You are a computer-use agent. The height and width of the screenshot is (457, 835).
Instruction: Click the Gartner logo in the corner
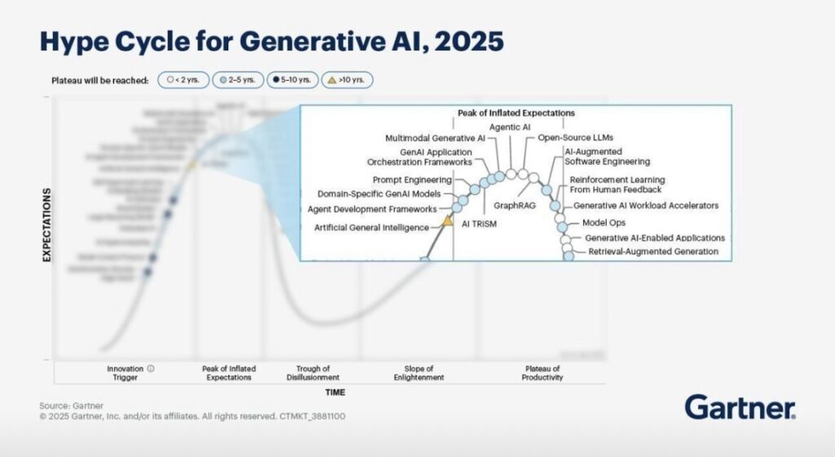tap(740, 406)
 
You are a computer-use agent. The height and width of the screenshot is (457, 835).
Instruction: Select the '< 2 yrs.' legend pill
tap(184, 80)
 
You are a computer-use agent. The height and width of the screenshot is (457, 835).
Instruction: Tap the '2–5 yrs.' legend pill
tap(238, 80)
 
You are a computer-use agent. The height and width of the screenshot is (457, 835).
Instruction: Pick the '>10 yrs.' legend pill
tap(347, 80)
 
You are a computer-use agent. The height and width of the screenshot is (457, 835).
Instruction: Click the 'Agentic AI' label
tap(510, 128)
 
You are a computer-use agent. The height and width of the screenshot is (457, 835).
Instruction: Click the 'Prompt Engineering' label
tap(412, 179)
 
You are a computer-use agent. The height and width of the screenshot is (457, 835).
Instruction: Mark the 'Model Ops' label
tap(603, 222)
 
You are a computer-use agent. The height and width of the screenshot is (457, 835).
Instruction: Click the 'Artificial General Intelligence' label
tap(371, 227)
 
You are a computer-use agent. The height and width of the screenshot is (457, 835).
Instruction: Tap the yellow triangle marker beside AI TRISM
tap(447, 220)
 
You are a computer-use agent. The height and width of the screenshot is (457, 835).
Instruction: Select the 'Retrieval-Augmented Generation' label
tap(653, 252)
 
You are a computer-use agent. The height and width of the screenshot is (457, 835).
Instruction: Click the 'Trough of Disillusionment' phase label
tap(313, 373)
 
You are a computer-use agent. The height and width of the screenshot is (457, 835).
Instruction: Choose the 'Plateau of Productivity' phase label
tap(543, 373)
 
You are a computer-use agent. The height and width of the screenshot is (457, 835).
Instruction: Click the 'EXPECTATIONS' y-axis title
tap(47, 225)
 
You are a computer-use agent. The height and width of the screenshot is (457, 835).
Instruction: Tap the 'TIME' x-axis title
tap(335, 392)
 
